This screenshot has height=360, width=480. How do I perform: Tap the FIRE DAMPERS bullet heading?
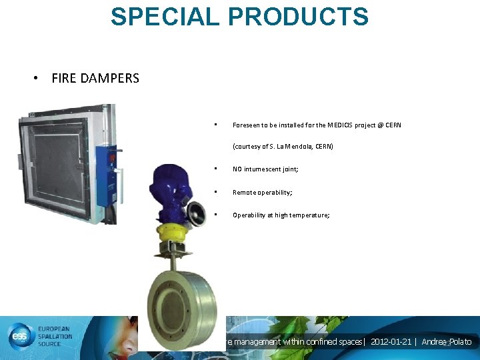tap(95, 79)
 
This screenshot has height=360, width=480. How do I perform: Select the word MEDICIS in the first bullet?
tap(339, 125)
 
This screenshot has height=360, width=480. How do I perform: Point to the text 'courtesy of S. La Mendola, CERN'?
tap(283, 146)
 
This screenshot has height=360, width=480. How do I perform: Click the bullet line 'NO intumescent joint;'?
tap(265, 169)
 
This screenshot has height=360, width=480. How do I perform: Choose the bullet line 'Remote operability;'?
tap(262, 193)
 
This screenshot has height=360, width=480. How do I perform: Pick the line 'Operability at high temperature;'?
tap(281, 215)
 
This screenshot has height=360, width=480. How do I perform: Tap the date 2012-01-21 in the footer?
tap(391, 342)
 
